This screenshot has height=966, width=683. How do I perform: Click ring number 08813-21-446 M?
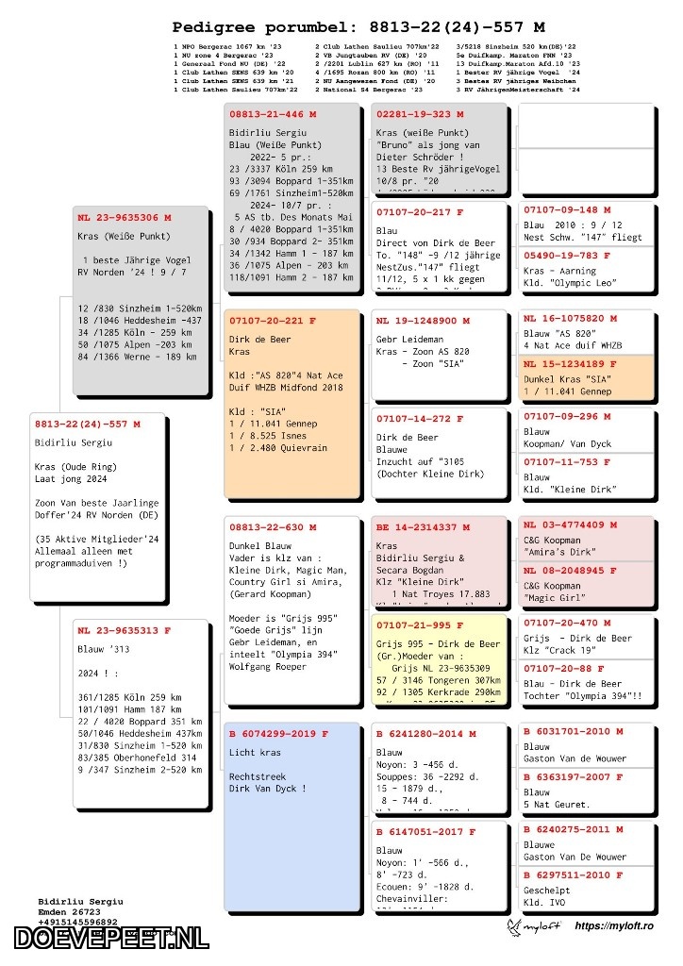point(273,114)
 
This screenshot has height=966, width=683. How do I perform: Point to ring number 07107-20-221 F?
point(273,321)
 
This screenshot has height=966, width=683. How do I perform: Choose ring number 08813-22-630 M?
point(273,527)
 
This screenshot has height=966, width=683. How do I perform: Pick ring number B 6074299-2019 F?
point(278,734)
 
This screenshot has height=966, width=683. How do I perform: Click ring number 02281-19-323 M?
point(420,114)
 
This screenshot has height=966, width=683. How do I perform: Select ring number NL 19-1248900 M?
point(422,321)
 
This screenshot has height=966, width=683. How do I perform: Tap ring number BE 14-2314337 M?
point(422,527)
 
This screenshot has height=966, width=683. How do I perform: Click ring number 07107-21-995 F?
point(420,625)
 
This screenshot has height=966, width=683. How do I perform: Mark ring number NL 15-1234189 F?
point(570,364)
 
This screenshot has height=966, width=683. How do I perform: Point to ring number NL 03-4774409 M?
point(570,525)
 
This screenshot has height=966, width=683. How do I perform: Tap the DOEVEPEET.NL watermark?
point(110,939)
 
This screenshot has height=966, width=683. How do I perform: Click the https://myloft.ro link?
point(613,926)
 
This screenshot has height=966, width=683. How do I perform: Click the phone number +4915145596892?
point(78,923)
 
